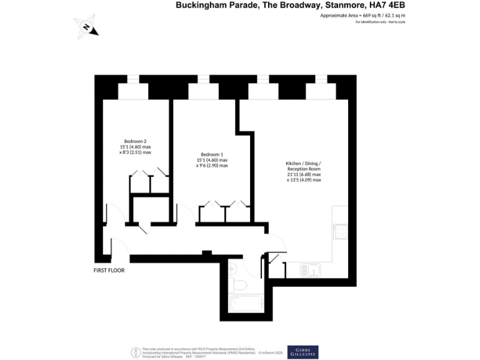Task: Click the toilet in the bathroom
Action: (238, 285)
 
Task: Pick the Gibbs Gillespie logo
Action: (302, 352)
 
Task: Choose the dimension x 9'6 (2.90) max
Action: (212, 166)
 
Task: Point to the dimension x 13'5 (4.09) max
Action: (304, 181)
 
